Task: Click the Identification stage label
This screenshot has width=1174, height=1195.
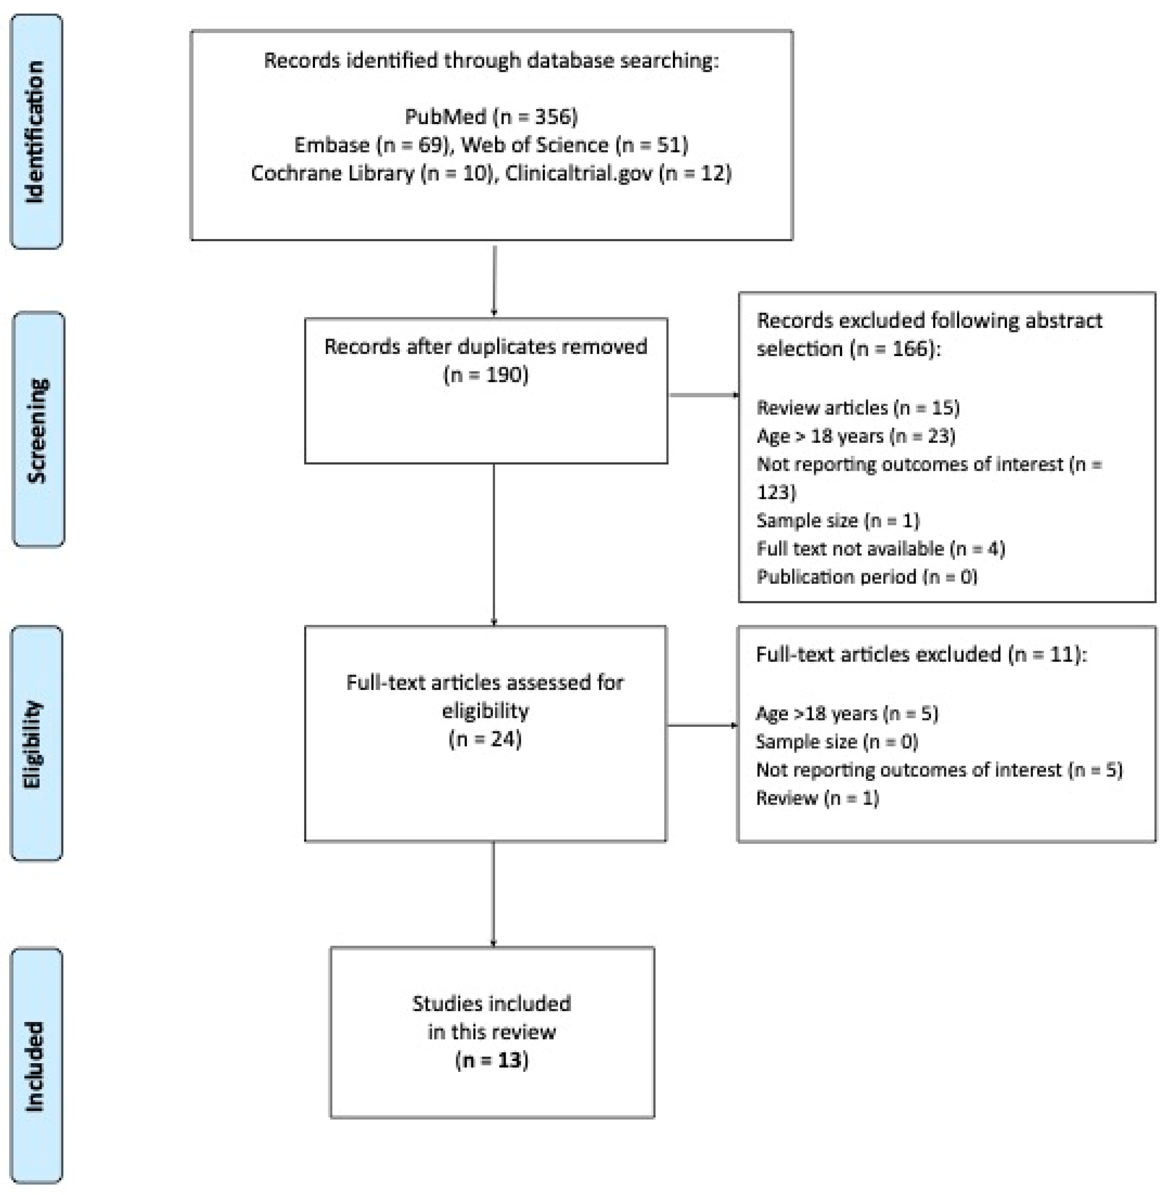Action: [36, 131]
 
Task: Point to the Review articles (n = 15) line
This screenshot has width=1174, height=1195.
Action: [858, 407]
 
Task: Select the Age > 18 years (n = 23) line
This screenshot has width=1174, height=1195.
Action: [856, 436]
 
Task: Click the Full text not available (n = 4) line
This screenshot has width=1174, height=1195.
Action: [880, 548]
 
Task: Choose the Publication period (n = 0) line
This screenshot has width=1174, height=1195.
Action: [866, 576]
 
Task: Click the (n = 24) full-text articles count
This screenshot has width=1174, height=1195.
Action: [485, 739]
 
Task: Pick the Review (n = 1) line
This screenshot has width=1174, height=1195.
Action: [817, 798]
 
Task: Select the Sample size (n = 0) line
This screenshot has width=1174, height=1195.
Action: [837, 741]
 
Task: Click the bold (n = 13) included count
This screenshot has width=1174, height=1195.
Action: [492, 1060]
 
